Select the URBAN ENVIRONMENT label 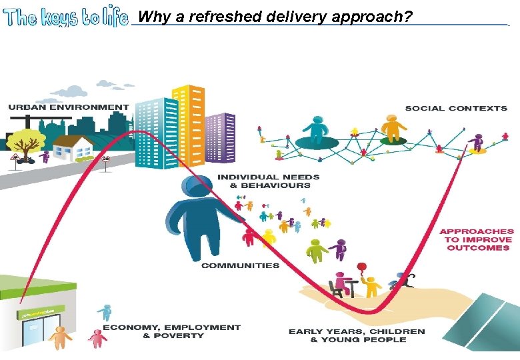pos(69,107)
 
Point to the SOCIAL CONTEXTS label pos(456,108)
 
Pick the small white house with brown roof pos(73,149)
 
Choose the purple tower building pos(219,137)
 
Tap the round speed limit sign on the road pos(106,159)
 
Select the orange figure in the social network pos(393,127)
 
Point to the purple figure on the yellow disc pos(476,143)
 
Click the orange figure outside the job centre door pos(61,337)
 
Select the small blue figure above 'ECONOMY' pos(105,312)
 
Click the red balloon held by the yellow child pos(363,267)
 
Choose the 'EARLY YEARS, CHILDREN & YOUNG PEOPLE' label pos(357,335)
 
